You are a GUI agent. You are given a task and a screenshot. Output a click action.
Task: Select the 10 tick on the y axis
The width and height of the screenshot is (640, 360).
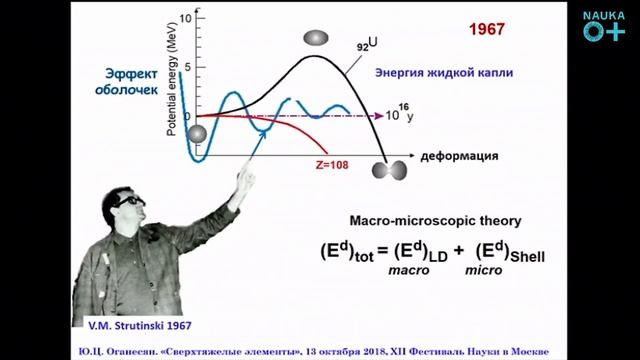click(x=186, y=19)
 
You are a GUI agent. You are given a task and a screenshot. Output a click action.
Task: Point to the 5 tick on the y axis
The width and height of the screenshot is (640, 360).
click(x=186, y=68)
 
